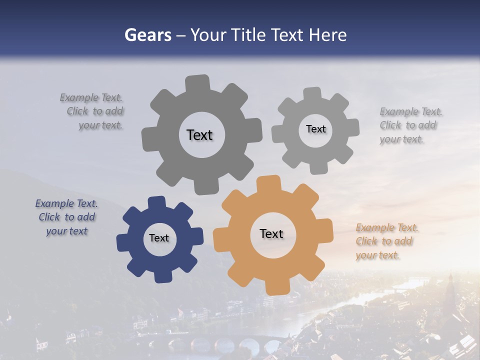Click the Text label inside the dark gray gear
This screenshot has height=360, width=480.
pos(199,135)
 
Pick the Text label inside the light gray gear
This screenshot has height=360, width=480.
pos(315,129)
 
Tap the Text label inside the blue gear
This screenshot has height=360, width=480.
pos(159,238)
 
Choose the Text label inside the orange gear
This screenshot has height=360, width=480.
pos(271,233)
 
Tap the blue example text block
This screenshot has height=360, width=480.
pos(66,217)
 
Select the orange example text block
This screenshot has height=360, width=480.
pos(386,241)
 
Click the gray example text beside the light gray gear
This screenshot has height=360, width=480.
pos(410,125)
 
